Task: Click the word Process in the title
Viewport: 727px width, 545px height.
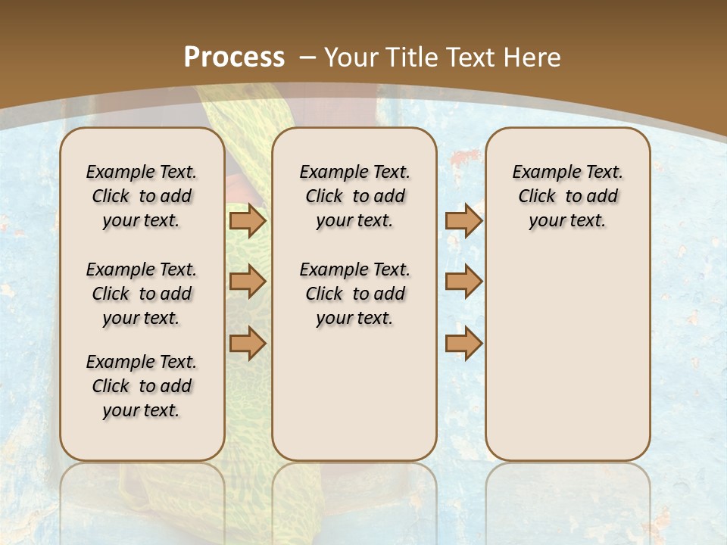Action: coord(234,57)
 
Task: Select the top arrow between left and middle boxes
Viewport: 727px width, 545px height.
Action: coord(247,220)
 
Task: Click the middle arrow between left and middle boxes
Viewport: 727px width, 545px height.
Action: coord(247,282)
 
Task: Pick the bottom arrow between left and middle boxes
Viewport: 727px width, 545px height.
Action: coord(247,343)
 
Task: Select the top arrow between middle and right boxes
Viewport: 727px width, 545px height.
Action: coord(463,220)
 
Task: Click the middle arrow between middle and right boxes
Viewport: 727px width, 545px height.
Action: coord(463,282)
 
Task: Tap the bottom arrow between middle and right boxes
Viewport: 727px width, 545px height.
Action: coord(463,343)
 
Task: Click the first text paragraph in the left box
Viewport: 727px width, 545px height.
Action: coord(142,196)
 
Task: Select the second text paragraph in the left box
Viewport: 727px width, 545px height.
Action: coord(142,294)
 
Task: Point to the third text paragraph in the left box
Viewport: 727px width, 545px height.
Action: coord(142,386)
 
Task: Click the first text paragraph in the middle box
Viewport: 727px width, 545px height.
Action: coord(354,196)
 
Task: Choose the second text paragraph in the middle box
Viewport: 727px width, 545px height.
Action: coord(354,294)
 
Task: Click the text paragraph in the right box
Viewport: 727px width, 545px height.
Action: coord(567,196)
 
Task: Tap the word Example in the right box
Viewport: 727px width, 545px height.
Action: coord(541,172)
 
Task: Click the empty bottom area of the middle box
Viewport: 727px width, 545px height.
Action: coord(354,401)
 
